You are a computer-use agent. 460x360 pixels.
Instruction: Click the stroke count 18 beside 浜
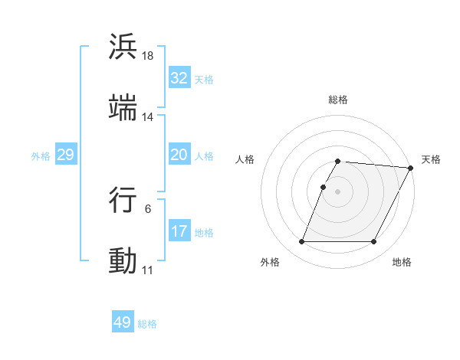pos(148,56)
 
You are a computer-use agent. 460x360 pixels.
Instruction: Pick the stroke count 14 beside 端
pos(148,117)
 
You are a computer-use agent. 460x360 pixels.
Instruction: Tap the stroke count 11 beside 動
pos(148,270)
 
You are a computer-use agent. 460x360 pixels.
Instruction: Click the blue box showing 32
pos(179,78)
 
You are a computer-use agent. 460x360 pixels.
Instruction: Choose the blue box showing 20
pos(179,155)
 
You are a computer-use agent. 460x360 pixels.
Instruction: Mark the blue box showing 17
pos(179,231)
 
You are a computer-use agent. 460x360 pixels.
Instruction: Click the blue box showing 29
pos(65,155)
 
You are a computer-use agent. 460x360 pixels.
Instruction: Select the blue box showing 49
pos(123,322)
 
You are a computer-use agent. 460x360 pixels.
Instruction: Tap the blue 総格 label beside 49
pos(148,324)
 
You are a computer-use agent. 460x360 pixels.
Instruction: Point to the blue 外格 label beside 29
pos(41,155)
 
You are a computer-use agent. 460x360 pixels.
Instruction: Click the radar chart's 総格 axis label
pos(338,100)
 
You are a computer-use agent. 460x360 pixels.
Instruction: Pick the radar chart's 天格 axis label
pos(432,159)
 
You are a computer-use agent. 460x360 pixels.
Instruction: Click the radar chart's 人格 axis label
pos(245,159)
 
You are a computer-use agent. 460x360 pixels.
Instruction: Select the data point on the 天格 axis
pos(411,168)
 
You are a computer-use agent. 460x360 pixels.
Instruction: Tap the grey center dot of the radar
pos(338,191)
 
